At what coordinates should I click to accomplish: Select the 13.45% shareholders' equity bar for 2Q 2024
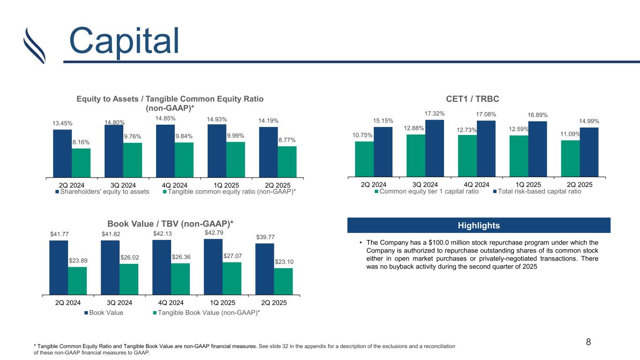[x=62, y=153]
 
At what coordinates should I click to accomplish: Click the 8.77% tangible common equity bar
[x=287, y=162]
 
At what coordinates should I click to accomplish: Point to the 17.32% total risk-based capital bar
[x=435, y=148]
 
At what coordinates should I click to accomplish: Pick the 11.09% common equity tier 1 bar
[x=570, y=158]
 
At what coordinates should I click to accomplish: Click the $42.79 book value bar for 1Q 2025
[x=213, y=266]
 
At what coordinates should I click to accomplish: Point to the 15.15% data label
[x=384, y=121]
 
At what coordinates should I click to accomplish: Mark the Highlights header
[x=479, y=225]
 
